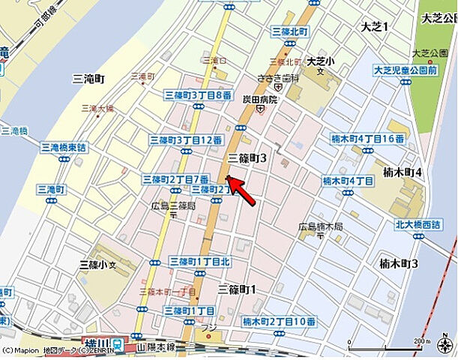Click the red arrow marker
click(241, 190)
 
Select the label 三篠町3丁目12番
click(186, 140)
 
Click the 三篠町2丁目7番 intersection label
click(175, 179)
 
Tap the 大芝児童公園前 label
click(406, 70)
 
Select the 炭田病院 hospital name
click(259, 99)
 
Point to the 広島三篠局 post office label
click(173, 205)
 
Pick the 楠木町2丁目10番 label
click(279, 321)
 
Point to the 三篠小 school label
click(98, 265)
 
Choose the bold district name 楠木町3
click(399, 263)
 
